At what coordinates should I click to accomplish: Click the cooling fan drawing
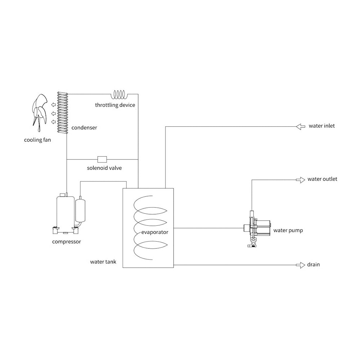pyautogui.click(x=40, y=112)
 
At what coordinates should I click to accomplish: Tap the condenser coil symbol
pyautogui.click(x=62, y=112)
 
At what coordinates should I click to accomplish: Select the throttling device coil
pyautogui.click(x=119, y=94)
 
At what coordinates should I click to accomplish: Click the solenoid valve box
pyautogui.click(x=102, y=159)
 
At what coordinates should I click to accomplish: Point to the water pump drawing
pyautogui.click(x=257, y=229)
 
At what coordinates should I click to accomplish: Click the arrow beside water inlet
pyautogui.click(x=301, y=126)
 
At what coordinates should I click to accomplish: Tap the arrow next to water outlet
pyautogui.click(x=301, y=180)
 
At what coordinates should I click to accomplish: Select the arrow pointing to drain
pyautogui.click(x=301, y=265)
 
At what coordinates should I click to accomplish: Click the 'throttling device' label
pyautogui.click(x=115, y=105)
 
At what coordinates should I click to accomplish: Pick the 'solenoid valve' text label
pyautogui.click(x=104, y=168)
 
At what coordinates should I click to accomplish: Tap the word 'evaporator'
pyautogui.click(x=155, y=232)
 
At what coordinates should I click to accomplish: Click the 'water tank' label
pyautogui.click(x=103, y=262)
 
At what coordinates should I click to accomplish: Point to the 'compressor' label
pyautogui.click(x=67, y=242)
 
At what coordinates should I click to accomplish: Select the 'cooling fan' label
pyautogui.click(x=37, y=140)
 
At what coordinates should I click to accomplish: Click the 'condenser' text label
pyautogui.click(x=84, y=128)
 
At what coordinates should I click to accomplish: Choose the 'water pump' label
pyautogui.click(x=288, y=230)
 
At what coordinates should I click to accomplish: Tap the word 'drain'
pyautogui.click(x=314, y=265)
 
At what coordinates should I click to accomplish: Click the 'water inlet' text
pyautogui.click(x=321, y=126)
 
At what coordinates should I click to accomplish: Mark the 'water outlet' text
pyautogui.click(x=322, y=179)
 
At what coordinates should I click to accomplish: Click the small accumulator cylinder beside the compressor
pyautogui.click(x=80, y=210)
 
